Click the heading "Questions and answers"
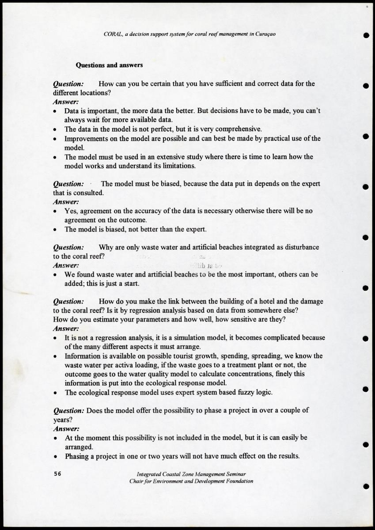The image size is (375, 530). click(x=109, y=65)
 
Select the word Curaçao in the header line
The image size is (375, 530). click(x=266, y=34)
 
